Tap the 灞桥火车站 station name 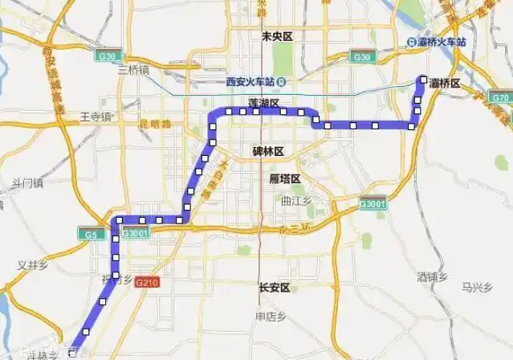pos(442,42)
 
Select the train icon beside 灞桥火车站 pos(411,42)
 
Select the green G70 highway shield pos(500,97)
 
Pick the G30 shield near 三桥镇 pos(105,55)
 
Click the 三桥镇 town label pos(133,70)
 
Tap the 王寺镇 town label pos(96,117)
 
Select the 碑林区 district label pos(268,150)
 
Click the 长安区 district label pos(273,287)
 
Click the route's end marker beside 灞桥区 pos(423,79)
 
